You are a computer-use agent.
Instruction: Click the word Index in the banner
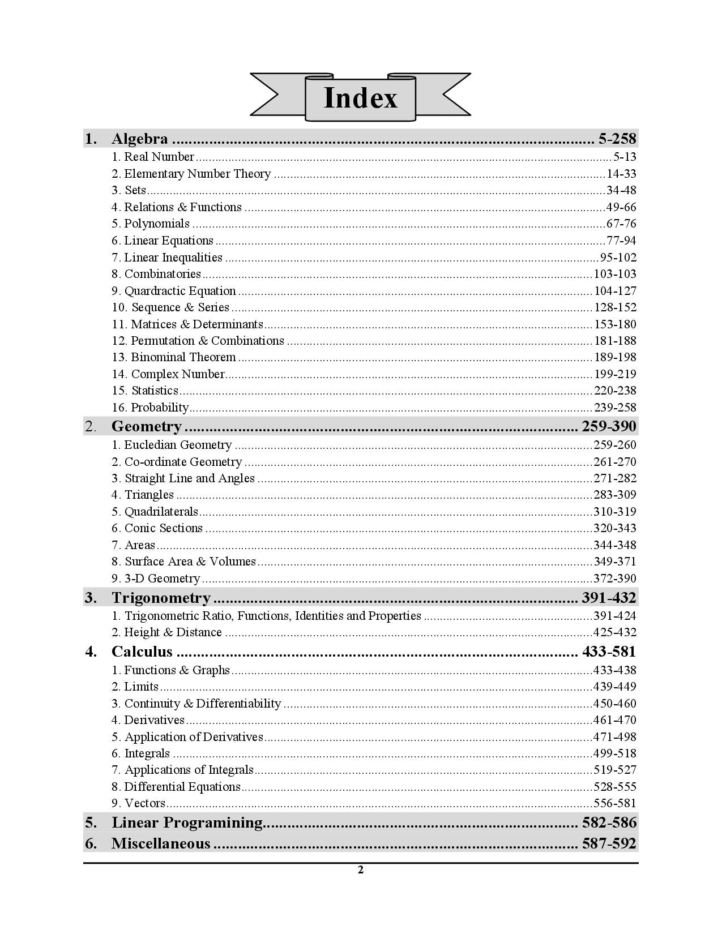pyautogui.click(x=360, y=97)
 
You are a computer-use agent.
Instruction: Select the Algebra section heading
pyautogui.click(x=139, y=139)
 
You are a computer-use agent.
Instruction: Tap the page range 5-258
pyautogui.click(x=617, y=139)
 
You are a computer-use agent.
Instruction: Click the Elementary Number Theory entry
pyautogui.click(x=197, y=174)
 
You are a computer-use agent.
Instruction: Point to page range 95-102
pyautogui.click(x=618, y=258)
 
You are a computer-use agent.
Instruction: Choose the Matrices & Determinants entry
pyautogui.click(x=196, y=324)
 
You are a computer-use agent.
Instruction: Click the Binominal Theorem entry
pyautogui.click(x=183, y=357)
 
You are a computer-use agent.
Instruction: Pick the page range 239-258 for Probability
pyautogui.click(x=615, y=408)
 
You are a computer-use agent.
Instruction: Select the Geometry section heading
pyautogui.click(x=146, y=426)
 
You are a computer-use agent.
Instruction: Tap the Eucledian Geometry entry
pyautogui.click(x=178, y=445)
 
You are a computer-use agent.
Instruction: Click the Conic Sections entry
pyautogui.click(x=163, y=528)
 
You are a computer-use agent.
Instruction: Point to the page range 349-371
pyautogui.click(x=615, y=562)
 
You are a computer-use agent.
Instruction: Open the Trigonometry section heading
pyautogui.click(x=161, y=598)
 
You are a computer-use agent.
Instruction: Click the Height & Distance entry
pyautogui.click(x=173, y=632)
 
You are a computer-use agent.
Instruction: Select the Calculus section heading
pyautogui.click(x=142, y=652)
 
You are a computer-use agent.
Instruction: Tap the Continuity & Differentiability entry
pyautogui.click(x=202, y=704)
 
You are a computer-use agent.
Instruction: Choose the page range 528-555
pyautogui.click(x=615, y=787)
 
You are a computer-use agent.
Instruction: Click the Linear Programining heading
pyautogui.click(x=187, y=822)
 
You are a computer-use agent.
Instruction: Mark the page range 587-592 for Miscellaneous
pyautogui.click(x=609, y=843)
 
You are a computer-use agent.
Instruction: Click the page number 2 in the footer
pyautogui.click(x=360, y=870)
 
